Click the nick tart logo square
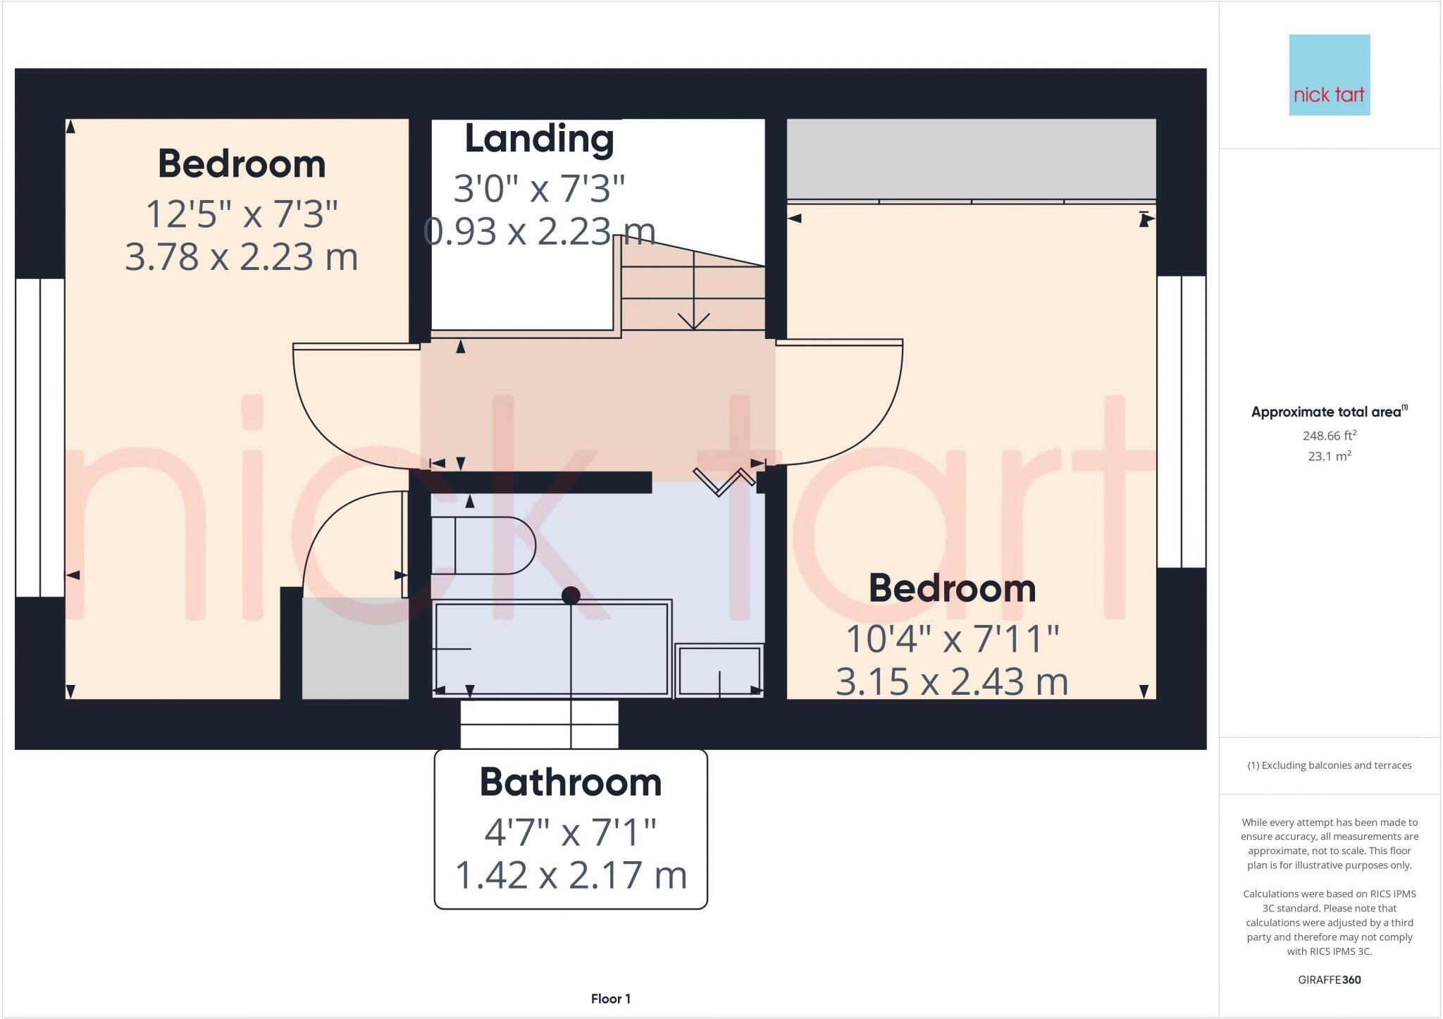1329,75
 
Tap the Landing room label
539,139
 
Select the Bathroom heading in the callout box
571,782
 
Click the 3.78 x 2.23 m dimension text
242,257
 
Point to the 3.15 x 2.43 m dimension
952,682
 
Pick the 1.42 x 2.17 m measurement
571,875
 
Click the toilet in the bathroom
483,545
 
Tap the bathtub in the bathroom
551,648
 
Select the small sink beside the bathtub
719,670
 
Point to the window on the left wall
40,438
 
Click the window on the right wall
1182,421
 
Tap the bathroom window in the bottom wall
539,724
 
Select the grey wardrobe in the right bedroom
971,159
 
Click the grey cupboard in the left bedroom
355,648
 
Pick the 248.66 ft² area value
1329,436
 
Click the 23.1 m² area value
1329,457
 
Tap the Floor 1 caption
610,999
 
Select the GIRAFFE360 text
1329,980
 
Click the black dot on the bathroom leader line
571,596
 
